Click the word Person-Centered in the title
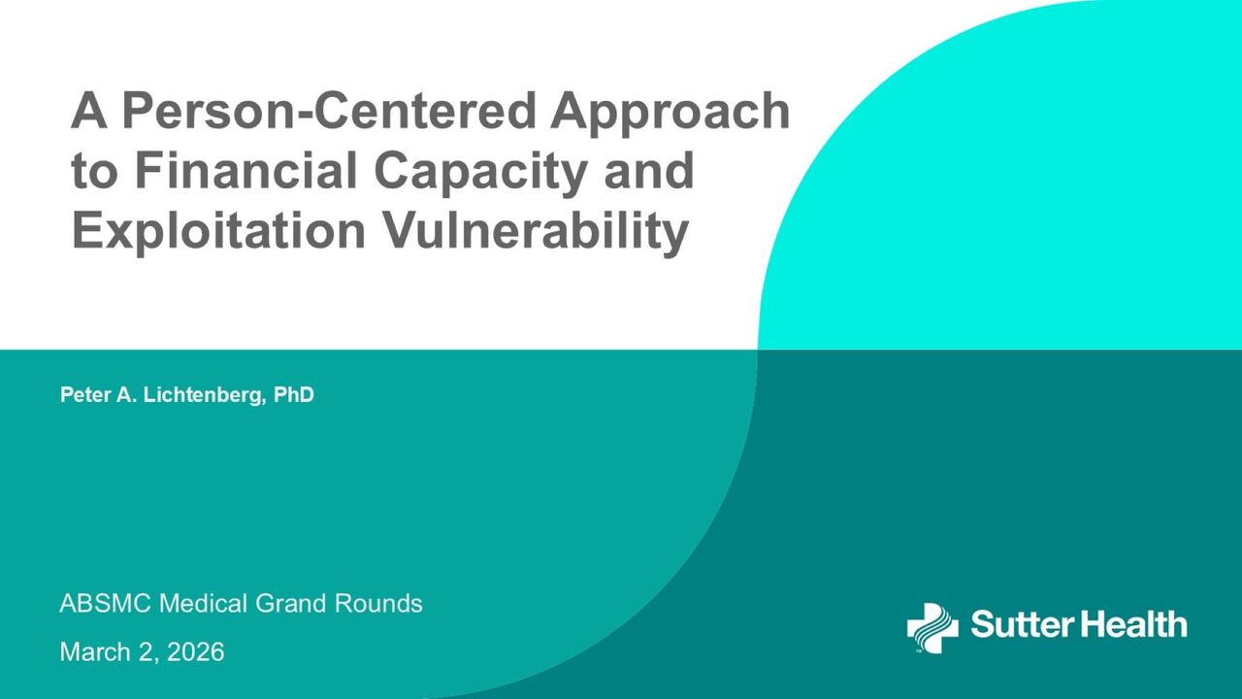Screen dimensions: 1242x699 tap(332, 110)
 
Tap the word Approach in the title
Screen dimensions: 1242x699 tap(670, 114)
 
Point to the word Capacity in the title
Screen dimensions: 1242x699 tap(480, 174)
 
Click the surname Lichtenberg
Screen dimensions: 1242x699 tap(204, 395)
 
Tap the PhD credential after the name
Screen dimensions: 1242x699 tap(294, 394)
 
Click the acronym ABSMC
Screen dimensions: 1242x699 tap(105, 604)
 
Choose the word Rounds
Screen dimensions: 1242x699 tap(378, 604)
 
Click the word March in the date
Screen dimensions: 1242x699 tap(95, 651)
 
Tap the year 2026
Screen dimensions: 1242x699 tap(195, 651)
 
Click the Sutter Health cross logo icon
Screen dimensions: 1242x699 tap(932, 628)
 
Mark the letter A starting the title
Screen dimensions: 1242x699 tap(88, 110)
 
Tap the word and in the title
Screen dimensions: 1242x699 tap(648, 170)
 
